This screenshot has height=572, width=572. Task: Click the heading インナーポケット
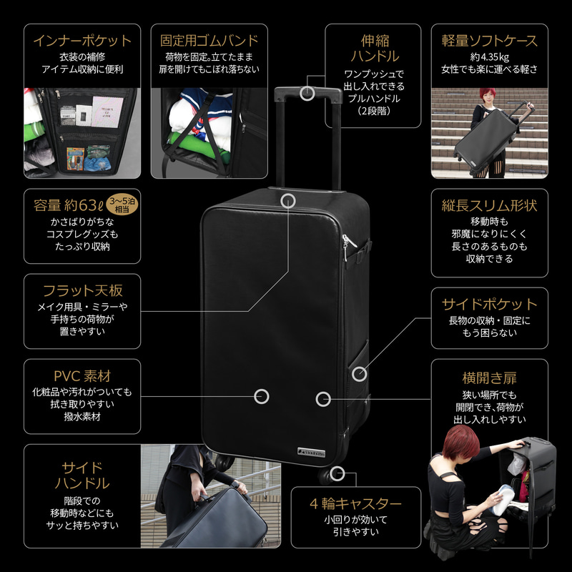pyautogui.click(x=82, y=41)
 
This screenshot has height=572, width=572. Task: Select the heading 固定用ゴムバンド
pyautogui.click(x=209, y=41)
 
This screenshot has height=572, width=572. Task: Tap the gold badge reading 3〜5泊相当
pyautogui.click(x=122, y=204)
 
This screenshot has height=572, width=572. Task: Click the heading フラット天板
pyautogui.click(x=82, y=291)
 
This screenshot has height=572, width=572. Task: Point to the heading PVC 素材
pyautogui.click(x=82, y=376)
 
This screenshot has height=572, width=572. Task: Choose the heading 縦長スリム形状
pyautogui.click(x=489, y=206)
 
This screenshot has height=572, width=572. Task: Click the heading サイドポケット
pyautogui.click(x=489, y=305)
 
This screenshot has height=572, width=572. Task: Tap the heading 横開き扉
pyautogui.click(x=489, y=378)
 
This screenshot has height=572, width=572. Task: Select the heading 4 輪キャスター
pyautogui.click(x=355, y=504)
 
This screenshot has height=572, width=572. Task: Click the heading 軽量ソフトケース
pyautogui.click(x=489, y=41)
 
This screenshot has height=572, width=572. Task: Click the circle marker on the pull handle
pyautogui.click(x=307, y=93)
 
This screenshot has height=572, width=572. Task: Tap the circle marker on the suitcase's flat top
pyautogui.click(x=288, y=201)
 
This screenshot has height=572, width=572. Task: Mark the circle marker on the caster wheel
pyautogui.click(x=337, y=473)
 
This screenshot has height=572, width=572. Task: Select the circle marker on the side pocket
pyautogui.click(x=360, y=374)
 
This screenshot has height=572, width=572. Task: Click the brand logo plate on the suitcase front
pyautogui.click(x=311, y=452)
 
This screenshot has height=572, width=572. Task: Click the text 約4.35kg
pyautogui.click(x=489, y=57)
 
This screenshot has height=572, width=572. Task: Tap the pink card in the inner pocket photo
pyautogui.click(x=107, y=112)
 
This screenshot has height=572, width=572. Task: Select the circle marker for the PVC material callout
pyautogui.click(x=261, y=397)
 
